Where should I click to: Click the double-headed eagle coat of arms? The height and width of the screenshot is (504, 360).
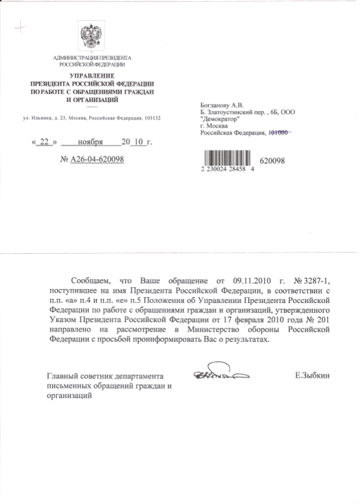92,37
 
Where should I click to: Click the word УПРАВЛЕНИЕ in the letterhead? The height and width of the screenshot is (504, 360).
92,77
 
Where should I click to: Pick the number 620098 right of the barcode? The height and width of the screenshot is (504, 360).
273,161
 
